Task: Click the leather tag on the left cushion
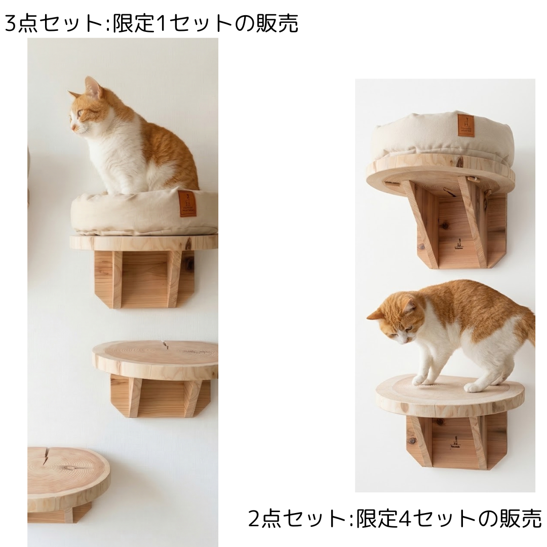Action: (x=187, y=204)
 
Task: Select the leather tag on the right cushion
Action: (x=466, y=125)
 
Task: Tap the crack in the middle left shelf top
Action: (x=165, y=345)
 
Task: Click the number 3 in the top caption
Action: (x=10, y=23)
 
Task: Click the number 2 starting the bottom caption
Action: (x=254, y=519)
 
